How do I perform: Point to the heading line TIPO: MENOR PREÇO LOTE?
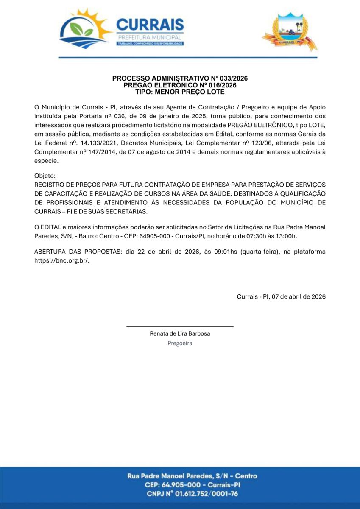[180, 92]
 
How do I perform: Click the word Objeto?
[45, 175]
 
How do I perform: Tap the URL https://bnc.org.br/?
[62, 261]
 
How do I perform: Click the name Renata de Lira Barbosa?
[180, 333]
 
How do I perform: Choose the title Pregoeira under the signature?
[180, 343]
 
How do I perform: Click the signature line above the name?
[180, 326]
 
